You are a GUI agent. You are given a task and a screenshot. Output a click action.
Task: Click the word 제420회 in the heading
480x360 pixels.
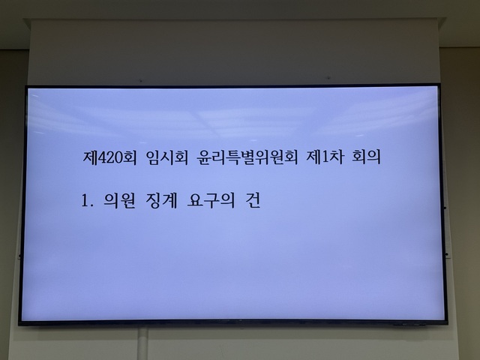(111, 160)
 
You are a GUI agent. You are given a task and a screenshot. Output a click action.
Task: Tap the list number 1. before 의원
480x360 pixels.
(87, 201)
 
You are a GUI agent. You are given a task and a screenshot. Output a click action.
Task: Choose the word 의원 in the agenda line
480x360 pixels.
(119, 201)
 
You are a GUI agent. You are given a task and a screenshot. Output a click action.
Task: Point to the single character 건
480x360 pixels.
(253, 201)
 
